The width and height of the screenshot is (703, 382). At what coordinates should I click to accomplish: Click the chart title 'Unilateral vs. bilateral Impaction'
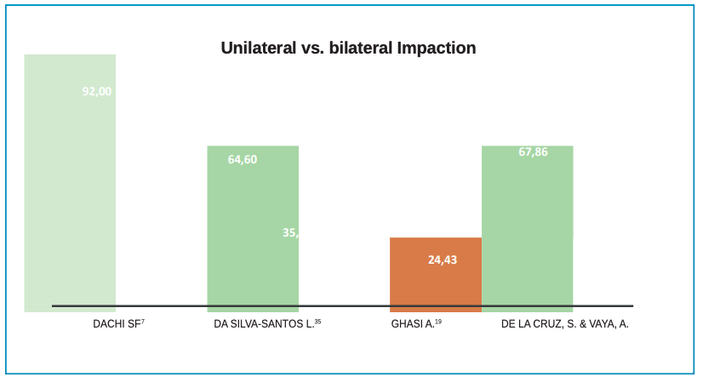(348, 48)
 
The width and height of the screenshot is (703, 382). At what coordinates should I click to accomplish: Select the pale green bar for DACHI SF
(70, 196)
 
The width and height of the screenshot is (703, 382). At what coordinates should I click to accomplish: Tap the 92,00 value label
(96, 91)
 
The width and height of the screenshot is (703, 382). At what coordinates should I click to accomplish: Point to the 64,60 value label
(243, 159)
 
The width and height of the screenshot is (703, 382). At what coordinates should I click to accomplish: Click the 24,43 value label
(443, 259)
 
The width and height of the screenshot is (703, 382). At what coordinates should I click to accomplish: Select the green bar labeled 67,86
(527, 230)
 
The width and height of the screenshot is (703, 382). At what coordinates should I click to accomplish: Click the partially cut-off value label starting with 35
(290, 232)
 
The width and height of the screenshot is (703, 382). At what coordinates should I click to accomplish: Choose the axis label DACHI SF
(116, 324)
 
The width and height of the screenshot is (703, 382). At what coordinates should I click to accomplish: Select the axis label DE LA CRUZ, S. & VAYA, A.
(565, 324)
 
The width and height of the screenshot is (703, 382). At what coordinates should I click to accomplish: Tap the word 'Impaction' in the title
(437, 48)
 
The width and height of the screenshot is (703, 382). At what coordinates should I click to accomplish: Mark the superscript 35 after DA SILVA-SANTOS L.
(318, 322)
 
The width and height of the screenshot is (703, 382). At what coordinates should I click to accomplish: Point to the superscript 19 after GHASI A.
(438, 322)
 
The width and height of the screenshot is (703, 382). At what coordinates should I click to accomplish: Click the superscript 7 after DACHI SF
(143, 322)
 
